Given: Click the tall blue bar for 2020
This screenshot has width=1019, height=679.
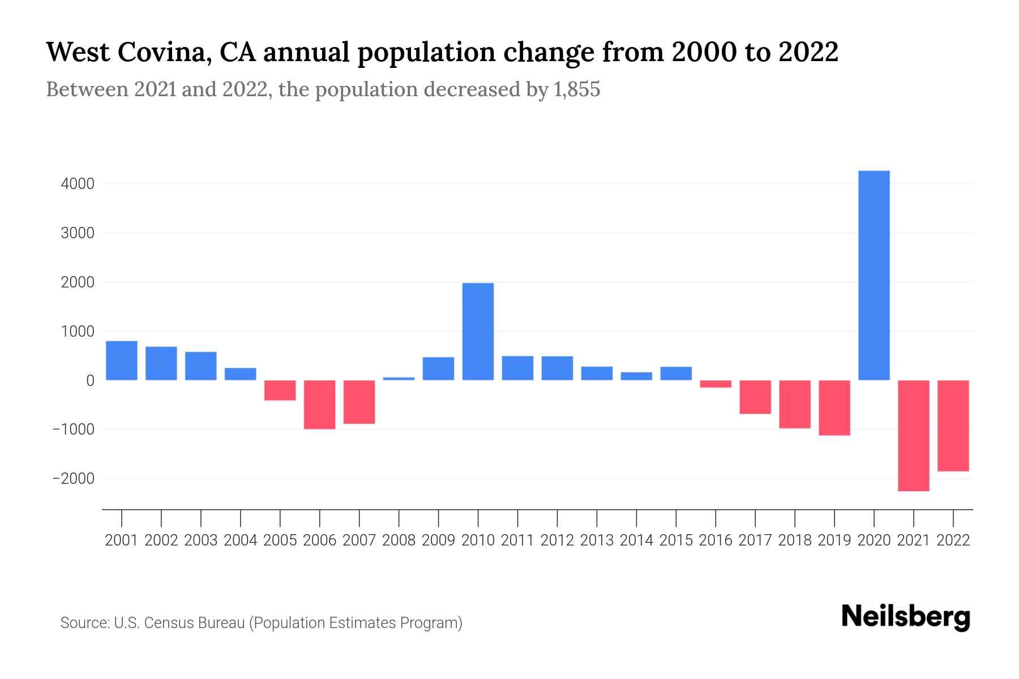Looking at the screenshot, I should coord(874,275).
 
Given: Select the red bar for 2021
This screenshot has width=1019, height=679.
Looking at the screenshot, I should coord(913,435).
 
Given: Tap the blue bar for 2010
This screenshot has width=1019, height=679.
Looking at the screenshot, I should coord(478,331).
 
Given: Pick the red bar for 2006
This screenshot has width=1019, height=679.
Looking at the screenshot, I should coord(319,405).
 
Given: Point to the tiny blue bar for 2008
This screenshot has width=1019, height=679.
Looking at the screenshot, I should coord(399,378).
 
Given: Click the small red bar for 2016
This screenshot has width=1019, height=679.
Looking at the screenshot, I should coord(716,384).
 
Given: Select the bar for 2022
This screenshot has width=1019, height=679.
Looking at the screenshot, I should coord(953,426).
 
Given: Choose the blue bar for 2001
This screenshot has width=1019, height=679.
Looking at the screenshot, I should coord(122,360).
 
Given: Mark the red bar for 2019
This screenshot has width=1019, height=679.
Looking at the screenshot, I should coord(834,407).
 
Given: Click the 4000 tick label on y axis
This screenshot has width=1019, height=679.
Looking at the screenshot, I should coord(78,184).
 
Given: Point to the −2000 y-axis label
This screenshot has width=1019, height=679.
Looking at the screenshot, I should coord(73,479).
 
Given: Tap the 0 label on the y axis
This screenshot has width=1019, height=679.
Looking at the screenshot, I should coord(90,380).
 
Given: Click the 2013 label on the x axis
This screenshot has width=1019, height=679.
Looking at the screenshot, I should coord(597,540).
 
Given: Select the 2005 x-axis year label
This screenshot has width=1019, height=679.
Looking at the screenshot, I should coord(280,540).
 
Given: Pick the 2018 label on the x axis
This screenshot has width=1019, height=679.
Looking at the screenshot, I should coord(794,540).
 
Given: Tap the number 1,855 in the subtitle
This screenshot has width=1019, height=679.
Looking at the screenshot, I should coord(575,89).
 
